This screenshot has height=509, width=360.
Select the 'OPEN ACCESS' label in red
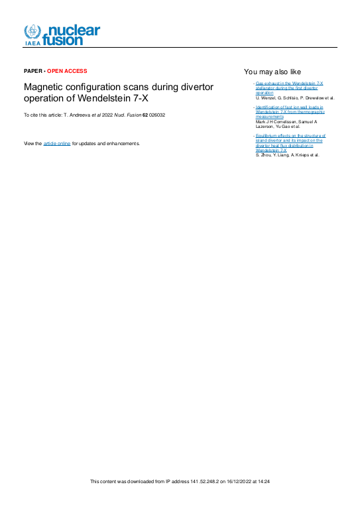(x=66, y=71)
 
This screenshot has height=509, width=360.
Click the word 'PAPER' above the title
(x=32, y=71)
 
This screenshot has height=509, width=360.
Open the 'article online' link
(x=57, y=143)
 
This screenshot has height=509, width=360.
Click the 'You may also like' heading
(x=272, y=72)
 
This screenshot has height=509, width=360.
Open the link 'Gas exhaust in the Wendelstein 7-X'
(x=289, y=84)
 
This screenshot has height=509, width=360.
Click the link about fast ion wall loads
(x=289, y=111)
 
